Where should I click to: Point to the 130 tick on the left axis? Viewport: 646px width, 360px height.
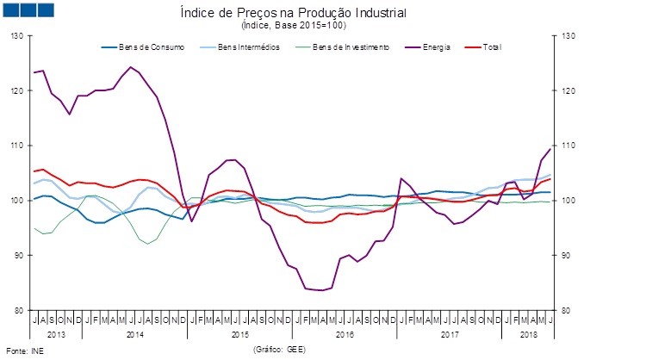18,36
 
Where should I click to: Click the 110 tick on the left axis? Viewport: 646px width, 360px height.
18,146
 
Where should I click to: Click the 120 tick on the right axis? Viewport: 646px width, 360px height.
566,90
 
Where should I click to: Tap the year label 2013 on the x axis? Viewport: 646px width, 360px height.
56,332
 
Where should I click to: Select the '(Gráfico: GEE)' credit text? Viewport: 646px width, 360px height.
280,351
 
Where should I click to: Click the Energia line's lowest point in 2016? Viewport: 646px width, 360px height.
322,290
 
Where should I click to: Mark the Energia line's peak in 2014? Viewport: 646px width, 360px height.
130,67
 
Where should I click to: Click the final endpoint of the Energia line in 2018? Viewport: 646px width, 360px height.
550,150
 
